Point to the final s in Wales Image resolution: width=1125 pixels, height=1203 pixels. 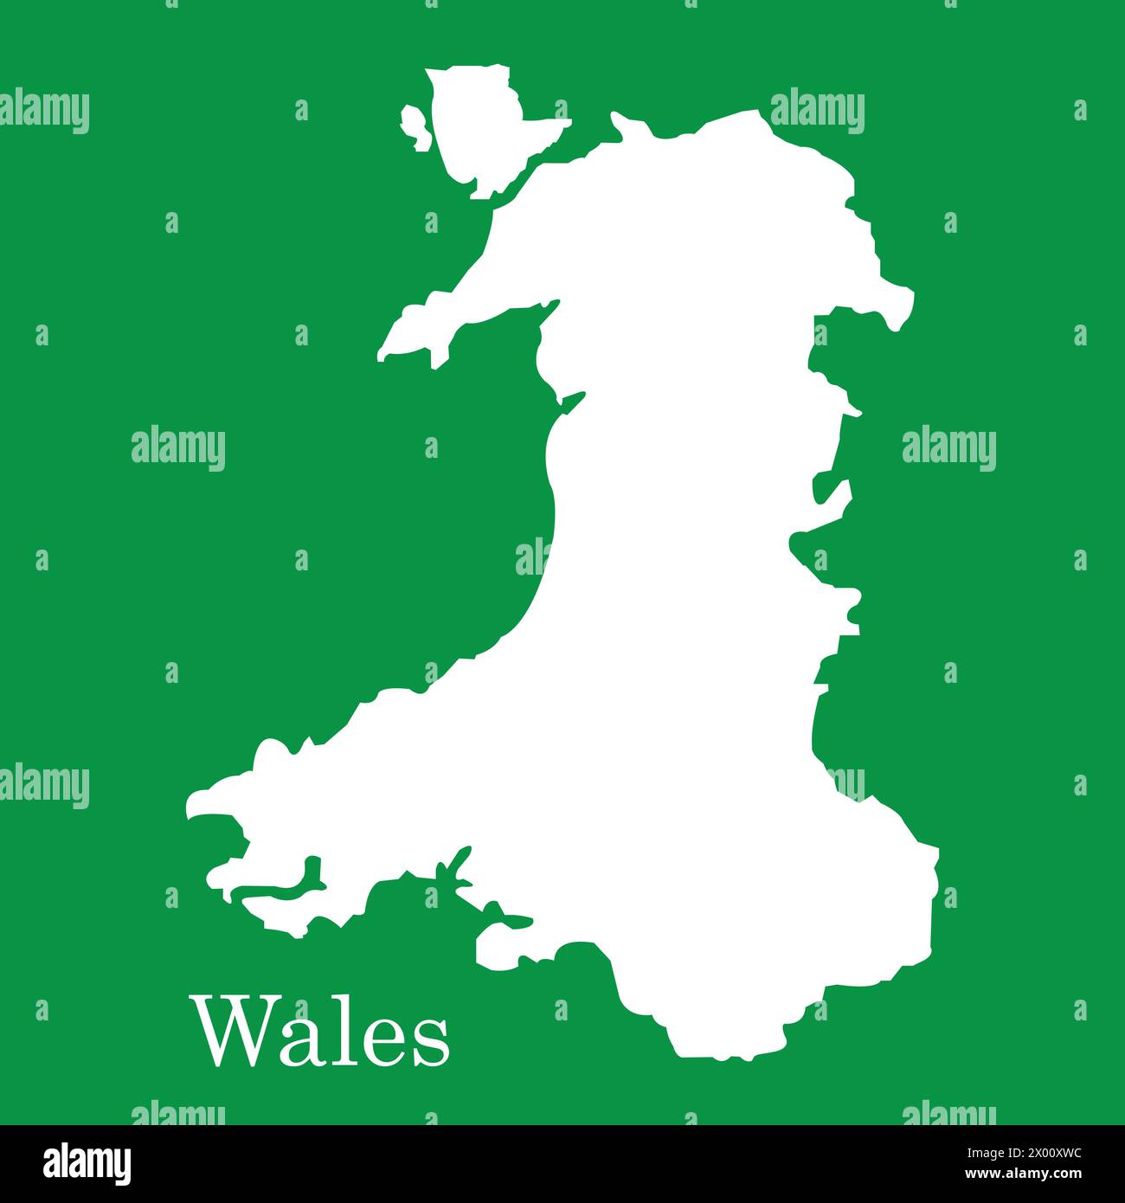click(432, 1042)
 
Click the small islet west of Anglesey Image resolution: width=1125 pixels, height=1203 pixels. click(415, 126)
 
